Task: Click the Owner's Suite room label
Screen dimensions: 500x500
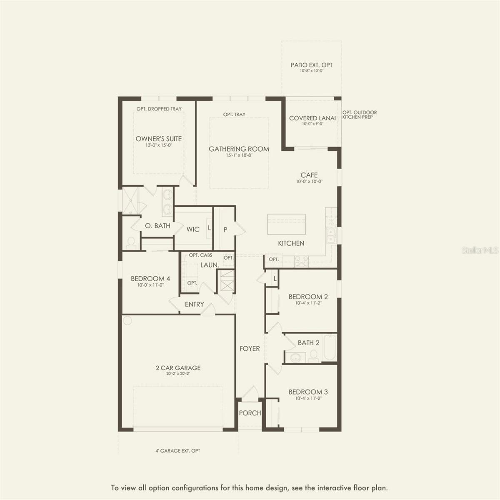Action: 158,139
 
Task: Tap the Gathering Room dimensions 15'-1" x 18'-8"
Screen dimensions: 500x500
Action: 239,155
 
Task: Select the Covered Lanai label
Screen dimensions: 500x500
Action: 312,118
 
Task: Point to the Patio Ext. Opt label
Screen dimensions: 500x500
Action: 311,65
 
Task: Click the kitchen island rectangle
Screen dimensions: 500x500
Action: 286,225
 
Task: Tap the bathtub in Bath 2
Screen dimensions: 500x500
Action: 330,347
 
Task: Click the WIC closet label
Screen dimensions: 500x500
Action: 193,229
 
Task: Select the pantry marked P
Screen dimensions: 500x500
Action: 225,229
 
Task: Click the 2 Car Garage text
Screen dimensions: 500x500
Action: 178,368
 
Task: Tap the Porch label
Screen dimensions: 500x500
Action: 250,413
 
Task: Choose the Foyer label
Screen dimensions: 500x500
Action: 250,349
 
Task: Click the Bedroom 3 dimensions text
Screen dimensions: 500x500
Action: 308,398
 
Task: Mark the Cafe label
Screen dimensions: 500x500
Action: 309,175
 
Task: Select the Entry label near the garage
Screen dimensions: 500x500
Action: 194,305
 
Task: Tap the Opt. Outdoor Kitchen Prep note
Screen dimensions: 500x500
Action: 359,115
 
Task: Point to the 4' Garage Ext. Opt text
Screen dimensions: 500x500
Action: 178,451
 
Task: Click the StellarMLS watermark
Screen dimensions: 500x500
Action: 480,250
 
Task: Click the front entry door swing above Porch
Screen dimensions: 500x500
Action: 250,393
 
